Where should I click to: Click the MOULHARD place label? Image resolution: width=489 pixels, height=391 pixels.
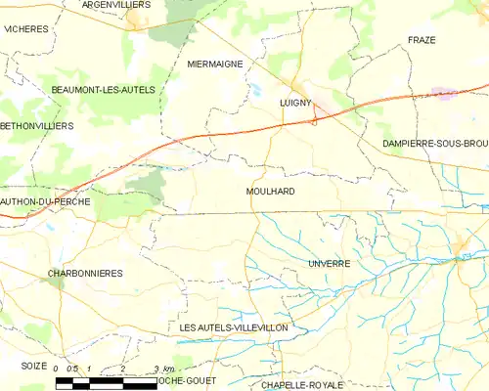point(271,192)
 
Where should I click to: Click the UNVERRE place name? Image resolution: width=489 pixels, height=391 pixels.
point(328,264)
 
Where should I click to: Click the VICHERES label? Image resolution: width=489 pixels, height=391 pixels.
point(25,29)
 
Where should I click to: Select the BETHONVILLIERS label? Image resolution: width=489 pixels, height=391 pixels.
point(37,126)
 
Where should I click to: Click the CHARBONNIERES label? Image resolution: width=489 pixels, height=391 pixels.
point(85,273)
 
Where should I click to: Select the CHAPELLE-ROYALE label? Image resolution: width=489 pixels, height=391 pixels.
point(303,385)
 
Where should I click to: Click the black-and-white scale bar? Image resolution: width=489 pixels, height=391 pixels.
point(106,383)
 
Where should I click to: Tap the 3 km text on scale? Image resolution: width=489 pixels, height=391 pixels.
point(163,369)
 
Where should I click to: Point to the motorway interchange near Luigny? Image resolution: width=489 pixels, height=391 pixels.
point(314,121)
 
